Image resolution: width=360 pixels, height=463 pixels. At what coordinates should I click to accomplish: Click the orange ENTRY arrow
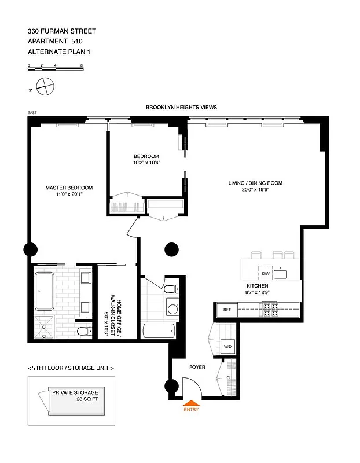[191, 403]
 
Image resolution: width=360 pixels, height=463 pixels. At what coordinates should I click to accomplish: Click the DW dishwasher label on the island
[265, 273]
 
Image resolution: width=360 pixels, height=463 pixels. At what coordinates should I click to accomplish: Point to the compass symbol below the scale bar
[44, 87]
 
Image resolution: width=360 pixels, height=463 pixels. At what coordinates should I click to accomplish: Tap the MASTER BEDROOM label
[69, 188]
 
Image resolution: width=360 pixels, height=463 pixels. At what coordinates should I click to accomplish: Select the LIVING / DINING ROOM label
[255, 183]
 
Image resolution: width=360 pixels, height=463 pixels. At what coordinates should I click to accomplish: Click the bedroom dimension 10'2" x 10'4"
[146, 163]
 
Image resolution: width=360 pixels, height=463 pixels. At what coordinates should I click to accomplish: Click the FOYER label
[197, 367]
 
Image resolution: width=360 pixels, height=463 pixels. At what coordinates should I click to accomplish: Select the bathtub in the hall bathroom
[159, 332]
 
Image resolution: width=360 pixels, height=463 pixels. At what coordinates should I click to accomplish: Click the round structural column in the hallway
[171, 249]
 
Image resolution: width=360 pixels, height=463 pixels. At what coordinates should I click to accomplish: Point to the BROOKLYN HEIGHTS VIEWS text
[181, 108]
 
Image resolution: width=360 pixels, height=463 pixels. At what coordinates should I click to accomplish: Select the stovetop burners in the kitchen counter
[270, 310]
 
